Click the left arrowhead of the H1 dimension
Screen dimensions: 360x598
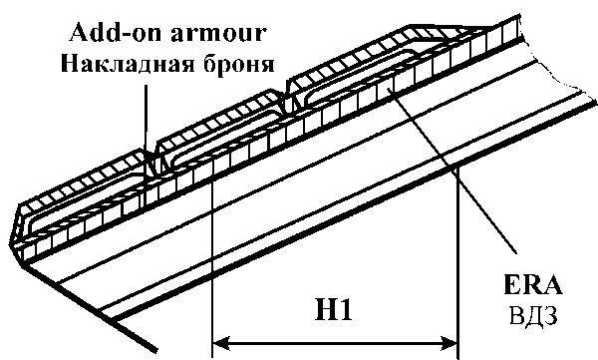(x=221, y=342)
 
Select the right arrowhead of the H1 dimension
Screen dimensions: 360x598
(x=449, y=342)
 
